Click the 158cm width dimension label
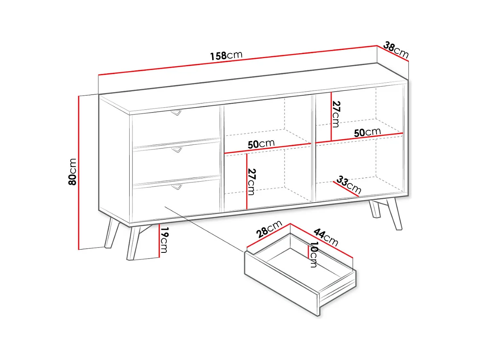(226, 56)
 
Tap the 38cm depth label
(396, 49)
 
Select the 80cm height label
(72, 171)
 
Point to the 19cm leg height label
(164, 240)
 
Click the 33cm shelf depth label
(349, 184)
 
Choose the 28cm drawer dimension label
(269, 229)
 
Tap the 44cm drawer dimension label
(326, 237)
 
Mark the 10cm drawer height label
(314, 254)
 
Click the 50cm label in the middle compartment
(261, 144)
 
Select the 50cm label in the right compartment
(367, 133)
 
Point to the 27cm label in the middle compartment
(251, 182)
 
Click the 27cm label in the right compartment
(336, 114)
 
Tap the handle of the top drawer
(176, 112)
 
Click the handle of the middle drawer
(177, 149)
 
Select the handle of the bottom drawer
(177, 187)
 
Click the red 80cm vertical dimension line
(79, 173)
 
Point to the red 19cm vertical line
(159, 241)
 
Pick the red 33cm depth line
(346, 189)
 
